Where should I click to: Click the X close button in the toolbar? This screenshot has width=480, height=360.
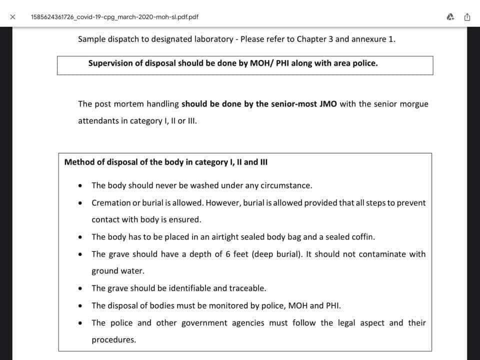coord(12,16)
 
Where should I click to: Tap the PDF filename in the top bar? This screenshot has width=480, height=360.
coord(114,16)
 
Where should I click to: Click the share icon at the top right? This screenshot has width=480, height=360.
coord(467,16)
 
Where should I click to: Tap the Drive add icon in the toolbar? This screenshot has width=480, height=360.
coord(450,16)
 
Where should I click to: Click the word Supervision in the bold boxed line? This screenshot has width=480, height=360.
coord(110,63)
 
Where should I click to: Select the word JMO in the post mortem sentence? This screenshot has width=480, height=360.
coord(328,104)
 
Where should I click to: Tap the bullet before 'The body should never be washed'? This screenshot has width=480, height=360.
coord(81,185)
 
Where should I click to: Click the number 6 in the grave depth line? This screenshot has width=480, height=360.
coord(227,254)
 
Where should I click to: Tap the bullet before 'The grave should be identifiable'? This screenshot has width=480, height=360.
coord(81,288)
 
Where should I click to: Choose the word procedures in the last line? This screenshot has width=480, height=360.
coord(113,340)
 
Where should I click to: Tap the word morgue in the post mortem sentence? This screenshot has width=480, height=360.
coord(414,104)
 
